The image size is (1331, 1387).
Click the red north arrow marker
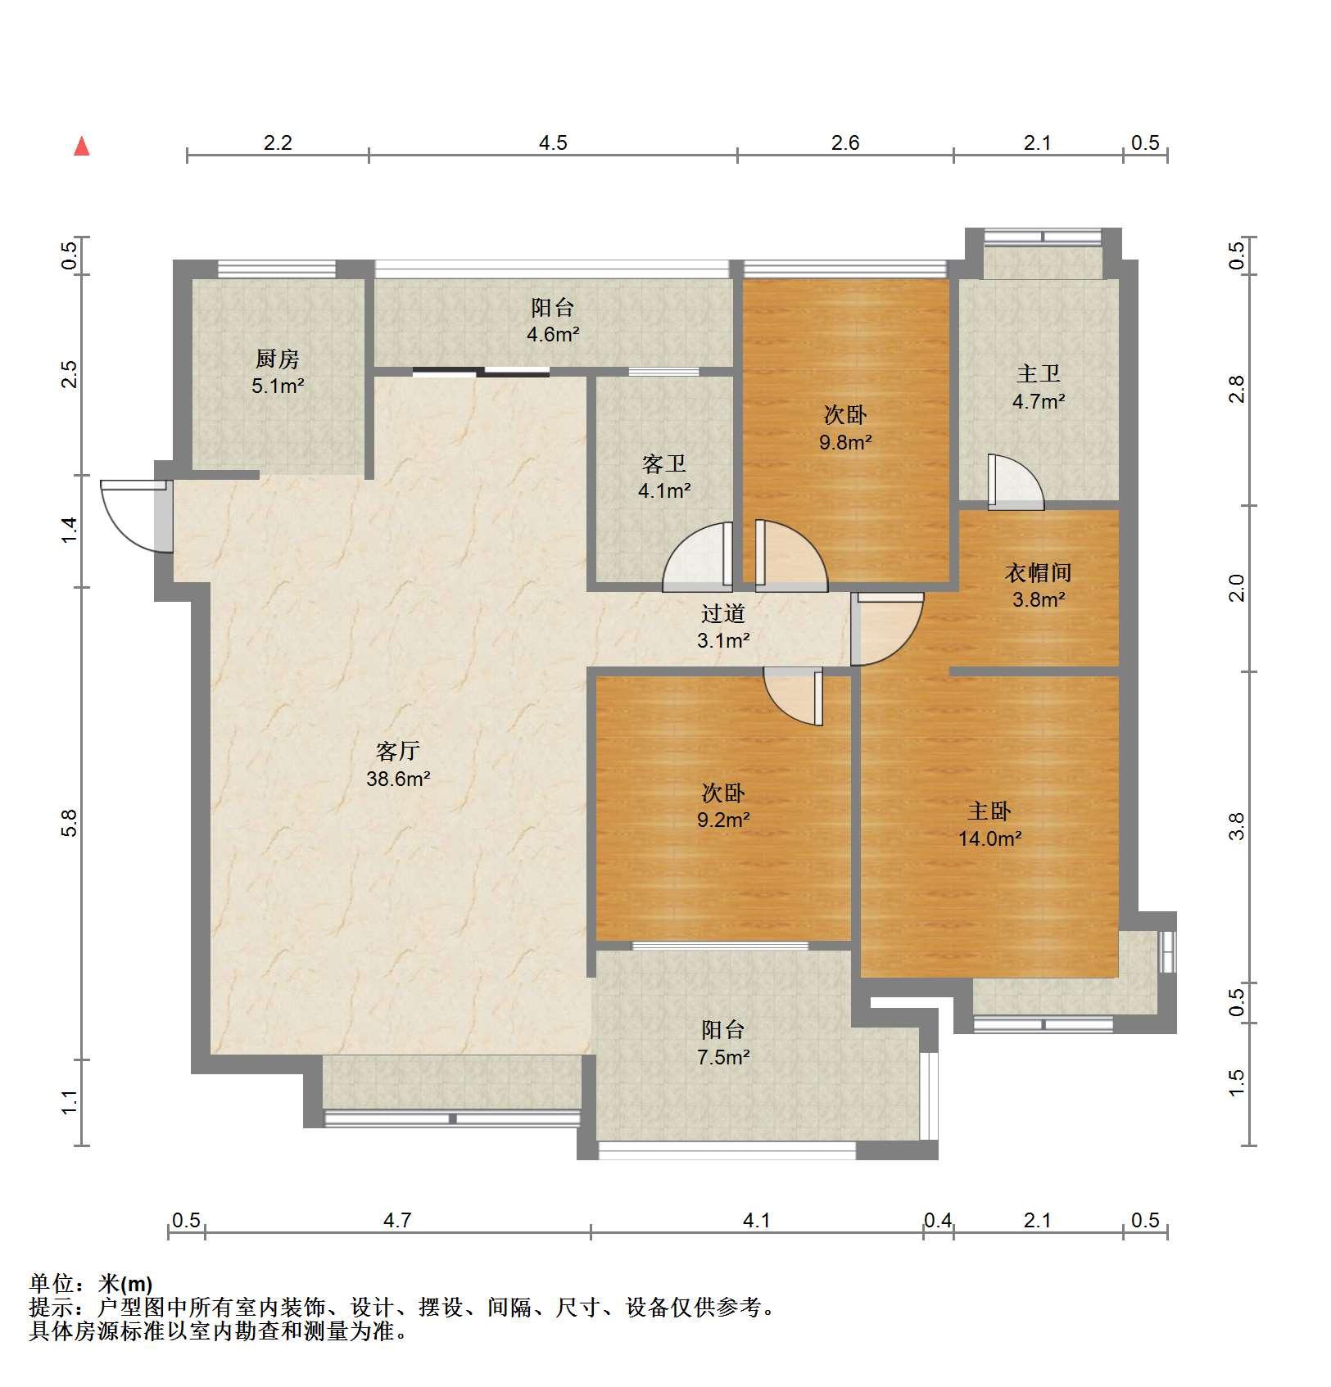click(x=81, y=147)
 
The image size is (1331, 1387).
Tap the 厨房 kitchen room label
click(x=278, y=359)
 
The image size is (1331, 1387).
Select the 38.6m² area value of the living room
click(x=398, y=779)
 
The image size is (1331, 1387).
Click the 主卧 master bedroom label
click(x=989, y=811)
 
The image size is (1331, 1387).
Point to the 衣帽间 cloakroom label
click(x=1038, y=572)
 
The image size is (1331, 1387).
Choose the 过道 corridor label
click(x=723, y=613)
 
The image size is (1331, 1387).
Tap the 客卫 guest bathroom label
click(x=664, y=464)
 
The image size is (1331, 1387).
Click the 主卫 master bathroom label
click(x=1039, y=374)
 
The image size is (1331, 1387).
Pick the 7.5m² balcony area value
click(x=723, y=1057)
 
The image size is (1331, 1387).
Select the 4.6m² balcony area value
click(x=553, y=334)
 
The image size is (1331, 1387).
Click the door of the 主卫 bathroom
click(x=1016, y=481)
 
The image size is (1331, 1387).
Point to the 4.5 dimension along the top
click(x=553, y=143)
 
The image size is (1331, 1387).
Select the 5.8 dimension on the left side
click(x=70, y=822)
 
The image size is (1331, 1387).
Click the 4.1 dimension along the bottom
click(x=756, y=1221)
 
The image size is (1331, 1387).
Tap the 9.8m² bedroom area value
click(x=845, y=442)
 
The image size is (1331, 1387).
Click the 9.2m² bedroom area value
click(x=723, y=820)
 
